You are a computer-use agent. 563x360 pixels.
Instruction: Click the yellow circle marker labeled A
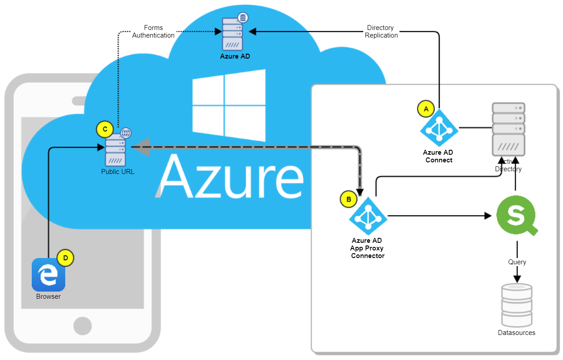(x=425, y=109)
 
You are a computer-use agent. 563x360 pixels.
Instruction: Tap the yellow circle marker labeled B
(x=349, y=199)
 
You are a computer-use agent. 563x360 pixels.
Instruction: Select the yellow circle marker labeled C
(x=105, y=129)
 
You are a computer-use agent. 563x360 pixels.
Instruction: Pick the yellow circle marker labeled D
(x=65, y=258)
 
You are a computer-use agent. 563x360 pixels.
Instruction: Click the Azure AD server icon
(x=233, y=34)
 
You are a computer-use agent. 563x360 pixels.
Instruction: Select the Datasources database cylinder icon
(x=517, y=305)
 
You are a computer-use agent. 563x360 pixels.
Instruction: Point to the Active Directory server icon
(x=508, y=129)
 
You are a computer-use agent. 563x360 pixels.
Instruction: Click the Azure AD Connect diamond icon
(x=439, y=128)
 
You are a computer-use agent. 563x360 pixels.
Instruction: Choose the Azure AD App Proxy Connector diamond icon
(x=368, y=216)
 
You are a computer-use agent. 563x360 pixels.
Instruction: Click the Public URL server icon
(x=115, y=149)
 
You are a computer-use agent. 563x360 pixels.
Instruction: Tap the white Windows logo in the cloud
(x=229, y=106)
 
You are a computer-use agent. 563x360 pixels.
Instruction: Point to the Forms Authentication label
(x=153, y=31)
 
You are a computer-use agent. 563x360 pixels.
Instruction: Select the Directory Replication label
(x=381, y=31)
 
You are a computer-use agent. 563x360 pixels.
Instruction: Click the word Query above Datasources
(x=517, y=262)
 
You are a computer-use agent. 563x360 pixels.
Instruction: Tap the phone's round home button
(x=83, y=326)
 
